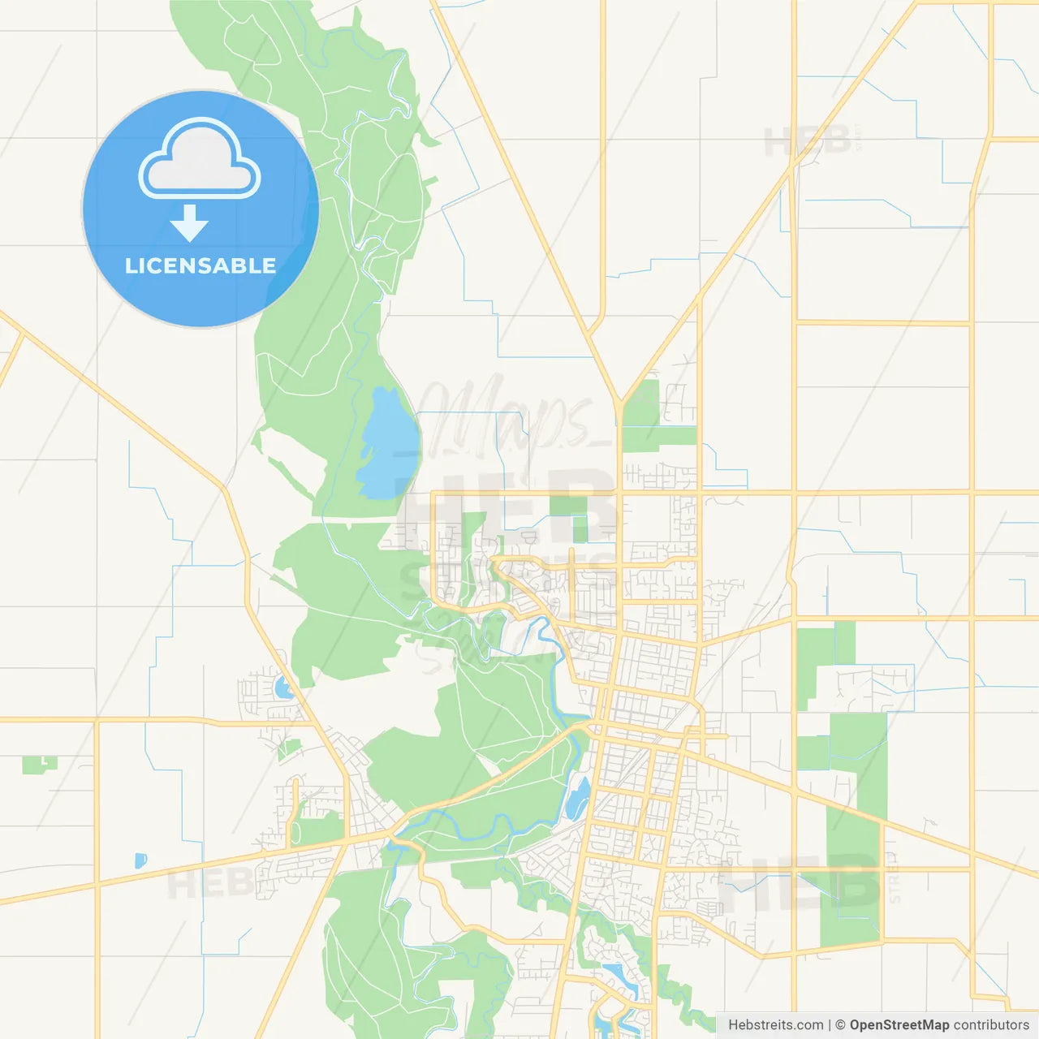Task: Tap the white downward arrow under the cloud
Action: click(x=189, y=222)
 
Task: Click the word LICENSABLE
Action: click(x=200, y=265)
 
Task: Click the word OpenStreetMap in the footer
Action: click(x=899, y=1025)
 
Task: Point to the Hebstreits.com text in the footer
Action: click(x=776, y=1025)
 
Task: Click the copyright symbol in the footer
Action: click(x=840, y=1025)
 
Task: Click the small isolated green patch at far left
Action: click(x=39, y=764)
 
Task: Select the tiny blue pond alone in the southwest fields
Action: click(x=140, y=860)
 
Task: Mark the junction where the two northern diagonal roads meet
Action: click(x=619, y=401)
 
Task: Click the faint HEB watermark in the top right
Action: click(x=808, y=141)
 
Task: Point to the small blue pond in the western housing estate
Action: click(x=283, y=688)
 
